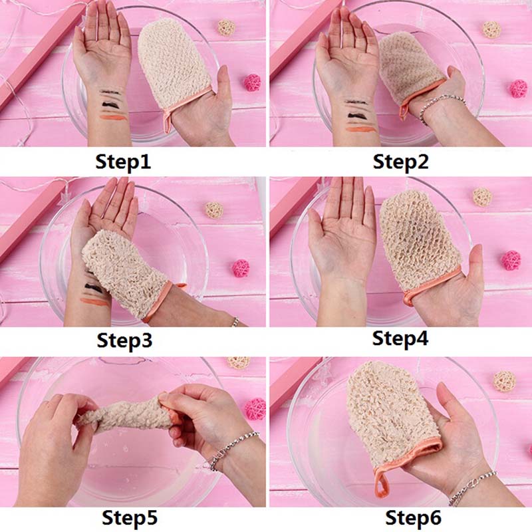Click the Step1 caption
123,162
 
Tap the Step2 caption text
400,162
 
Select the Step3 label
124,340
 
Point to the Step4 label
400,338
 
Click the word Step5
130,518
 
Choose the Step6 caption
413,518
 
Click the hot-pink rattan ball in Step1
253,82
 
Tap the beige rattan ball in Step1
226,27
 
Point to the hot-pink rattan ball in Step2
519,89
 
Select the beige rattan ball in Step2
491,29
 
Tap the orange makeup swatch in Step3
94,302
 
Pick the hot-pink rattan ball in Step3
241,269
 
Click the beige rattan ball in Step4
482,197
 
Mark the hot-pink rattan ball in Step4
511,261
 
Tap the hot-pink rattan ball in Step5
255,409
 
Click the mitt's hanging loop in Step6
381,483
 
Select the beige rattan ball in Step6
504,381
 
